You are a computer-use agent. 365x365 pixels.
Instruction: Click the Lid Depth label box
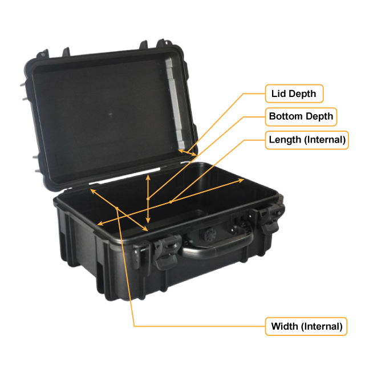point(294,92)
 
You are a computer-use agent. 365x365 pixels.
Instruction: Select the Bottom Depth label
point(301,116)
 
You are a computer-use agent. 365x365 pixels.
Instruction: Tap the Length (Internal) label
point(307,139)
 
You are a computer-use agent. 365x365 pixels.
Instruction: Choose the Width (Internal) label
point(306,326)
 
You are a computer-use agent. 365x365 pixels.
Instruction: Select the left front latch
point(163,251)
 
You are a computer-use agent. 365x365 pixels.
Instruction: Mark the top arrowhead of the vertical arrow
point(148,176)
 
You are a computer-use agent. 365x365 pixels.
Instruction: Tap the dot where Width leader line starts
point(117,208)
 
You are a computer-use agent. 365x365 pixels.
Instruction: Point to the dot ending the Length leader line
point(171,201)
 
